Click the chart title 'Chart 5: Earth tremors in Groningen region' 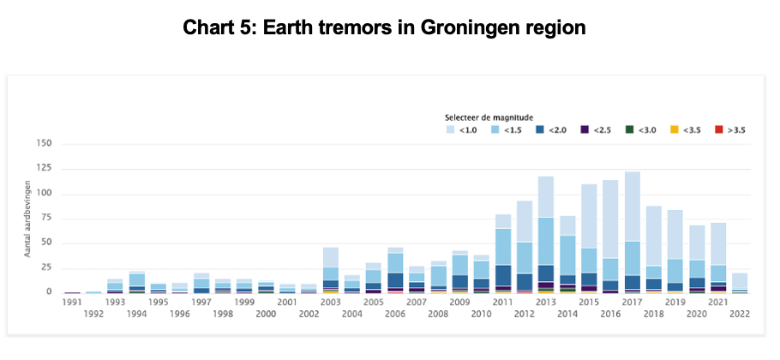[x=384, y=27]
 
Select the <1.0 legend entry [x=462, y=130]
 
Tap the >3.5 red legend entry [x=730, y=130]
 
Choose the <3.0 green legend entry [x=641, y=130]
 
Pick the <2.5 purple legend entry [x=596, y=130]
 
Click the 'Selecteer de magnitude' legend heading [x=489, y=117]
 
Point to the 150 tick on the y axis [x=43, y=144]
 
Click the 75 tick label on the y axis [x=46, y=219]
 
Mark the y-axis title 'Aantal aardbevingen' [x=28, y=225]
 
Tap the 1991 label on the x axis [x=72, y=302]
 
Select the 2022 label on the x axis [x=739, y=315]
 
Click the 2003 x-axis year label [x=330, y=302]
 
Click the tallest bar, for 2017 [x=632, y=232]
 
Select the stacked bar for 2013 [x=546, y=235]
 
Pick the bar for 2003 [x=330, y=271]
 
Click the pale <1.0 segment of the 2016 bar [x=610, y=219]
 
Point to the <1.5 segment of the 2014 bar [x=567, y=255]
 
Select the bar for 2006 [x=395, y=271]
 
